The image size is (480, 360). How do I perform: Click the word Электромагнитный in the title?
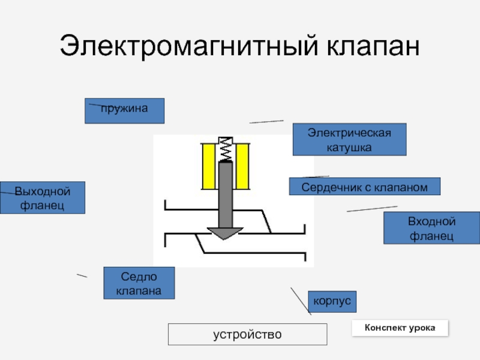click(x=189, y=46)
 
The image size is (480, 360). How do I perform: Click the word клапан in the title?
click(x=373, y=47)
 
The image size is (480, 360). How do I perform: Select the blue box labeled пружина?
click(x=124, y=111)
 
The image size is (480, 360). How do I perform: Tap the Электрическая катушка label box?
click(x=349, y=140)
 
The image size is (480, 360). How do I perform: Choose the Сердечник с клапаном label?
click(x=365, y=186)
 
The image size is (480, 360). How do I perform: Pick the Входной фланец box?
click(x=431, y=228)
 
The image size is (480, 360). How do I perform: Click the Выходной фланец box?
click(x=43, y=197)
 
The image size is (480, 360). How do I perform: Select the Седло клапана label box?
click(x=139, y=283)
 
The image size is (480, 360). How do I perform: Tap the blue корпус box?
click(x=332, y=302)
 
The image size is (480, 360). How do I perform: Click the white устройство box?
click(x=247, y=334)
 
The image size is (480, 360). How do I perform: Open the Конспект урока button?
click(x=400, y=328)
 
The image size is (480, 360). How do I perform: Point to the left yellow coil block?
click(x=209, y=166)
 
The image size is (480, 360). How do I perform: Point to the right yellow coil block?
click(x=242, y=166)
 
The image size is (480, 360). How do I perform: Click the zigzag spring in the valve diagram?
click(x=226, y=149)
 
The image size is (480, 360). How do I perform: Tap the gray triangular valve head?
click(x=225, y=233)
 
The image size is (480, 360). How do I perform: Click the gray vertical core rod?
click(x=226, y=195)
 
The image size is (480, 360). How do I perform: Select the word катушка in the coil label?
click(x=349, y=148)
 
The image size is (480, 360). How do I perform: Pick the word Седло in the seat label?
click(x=139, y=277)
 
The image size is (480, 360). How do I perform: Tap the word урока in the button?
click(x=422, y=328)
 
